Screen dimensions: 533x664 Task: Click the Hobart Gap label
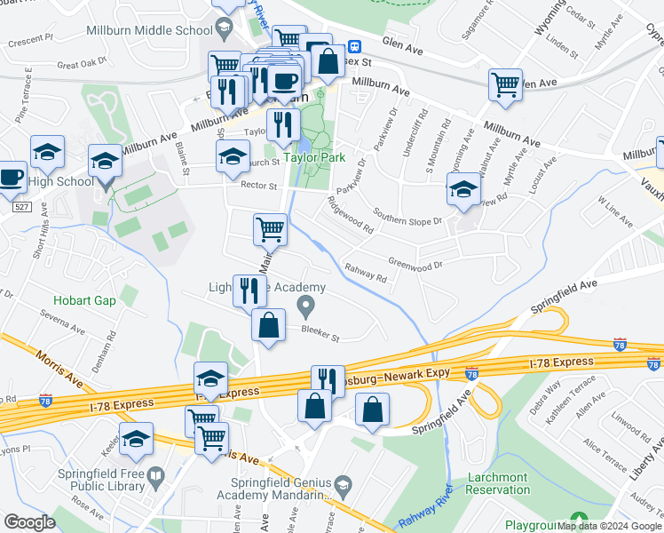click(x=84, y=301)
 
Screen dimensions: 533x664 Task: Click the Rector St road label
click(x=259, y=187)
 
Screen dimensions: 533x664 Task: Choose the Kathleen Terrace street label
click(x=575, y=401)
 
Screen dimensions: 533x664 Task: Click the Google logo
click(x=29, y=522)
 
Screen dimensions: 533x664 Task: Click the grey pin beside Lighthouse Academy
click(x=307, y=308)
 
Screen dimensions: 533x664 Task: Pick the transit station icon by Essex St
click(x=353, y=46)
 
